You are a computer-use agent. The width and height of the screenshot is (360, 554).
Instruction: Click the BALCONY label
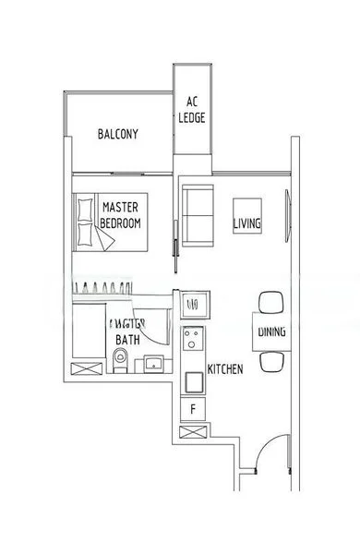118,134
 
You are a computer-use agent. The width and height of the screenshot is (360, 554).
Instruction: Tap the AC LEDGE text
193,110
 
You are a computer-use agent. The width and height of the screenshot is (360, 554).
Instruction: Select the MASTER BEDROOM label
120,215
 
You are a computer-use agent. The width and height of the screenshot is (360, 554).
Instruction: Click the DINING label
271,331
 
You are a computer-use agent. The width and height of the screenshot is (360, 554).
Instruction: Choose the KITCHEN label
225,369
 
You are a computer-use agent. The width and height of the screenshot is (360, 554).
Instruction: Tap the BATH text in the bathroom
126,340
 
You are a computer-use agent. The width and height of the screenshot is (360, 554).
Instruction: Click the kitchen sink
194,302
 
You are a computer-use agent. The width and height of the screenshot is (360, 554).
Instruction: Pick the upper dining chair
271,302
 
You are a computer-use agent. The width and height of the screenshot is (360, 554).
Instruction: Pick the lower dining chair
271,361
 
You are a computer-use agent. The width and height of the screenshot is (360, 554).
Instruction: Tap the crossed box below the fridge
194,432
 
